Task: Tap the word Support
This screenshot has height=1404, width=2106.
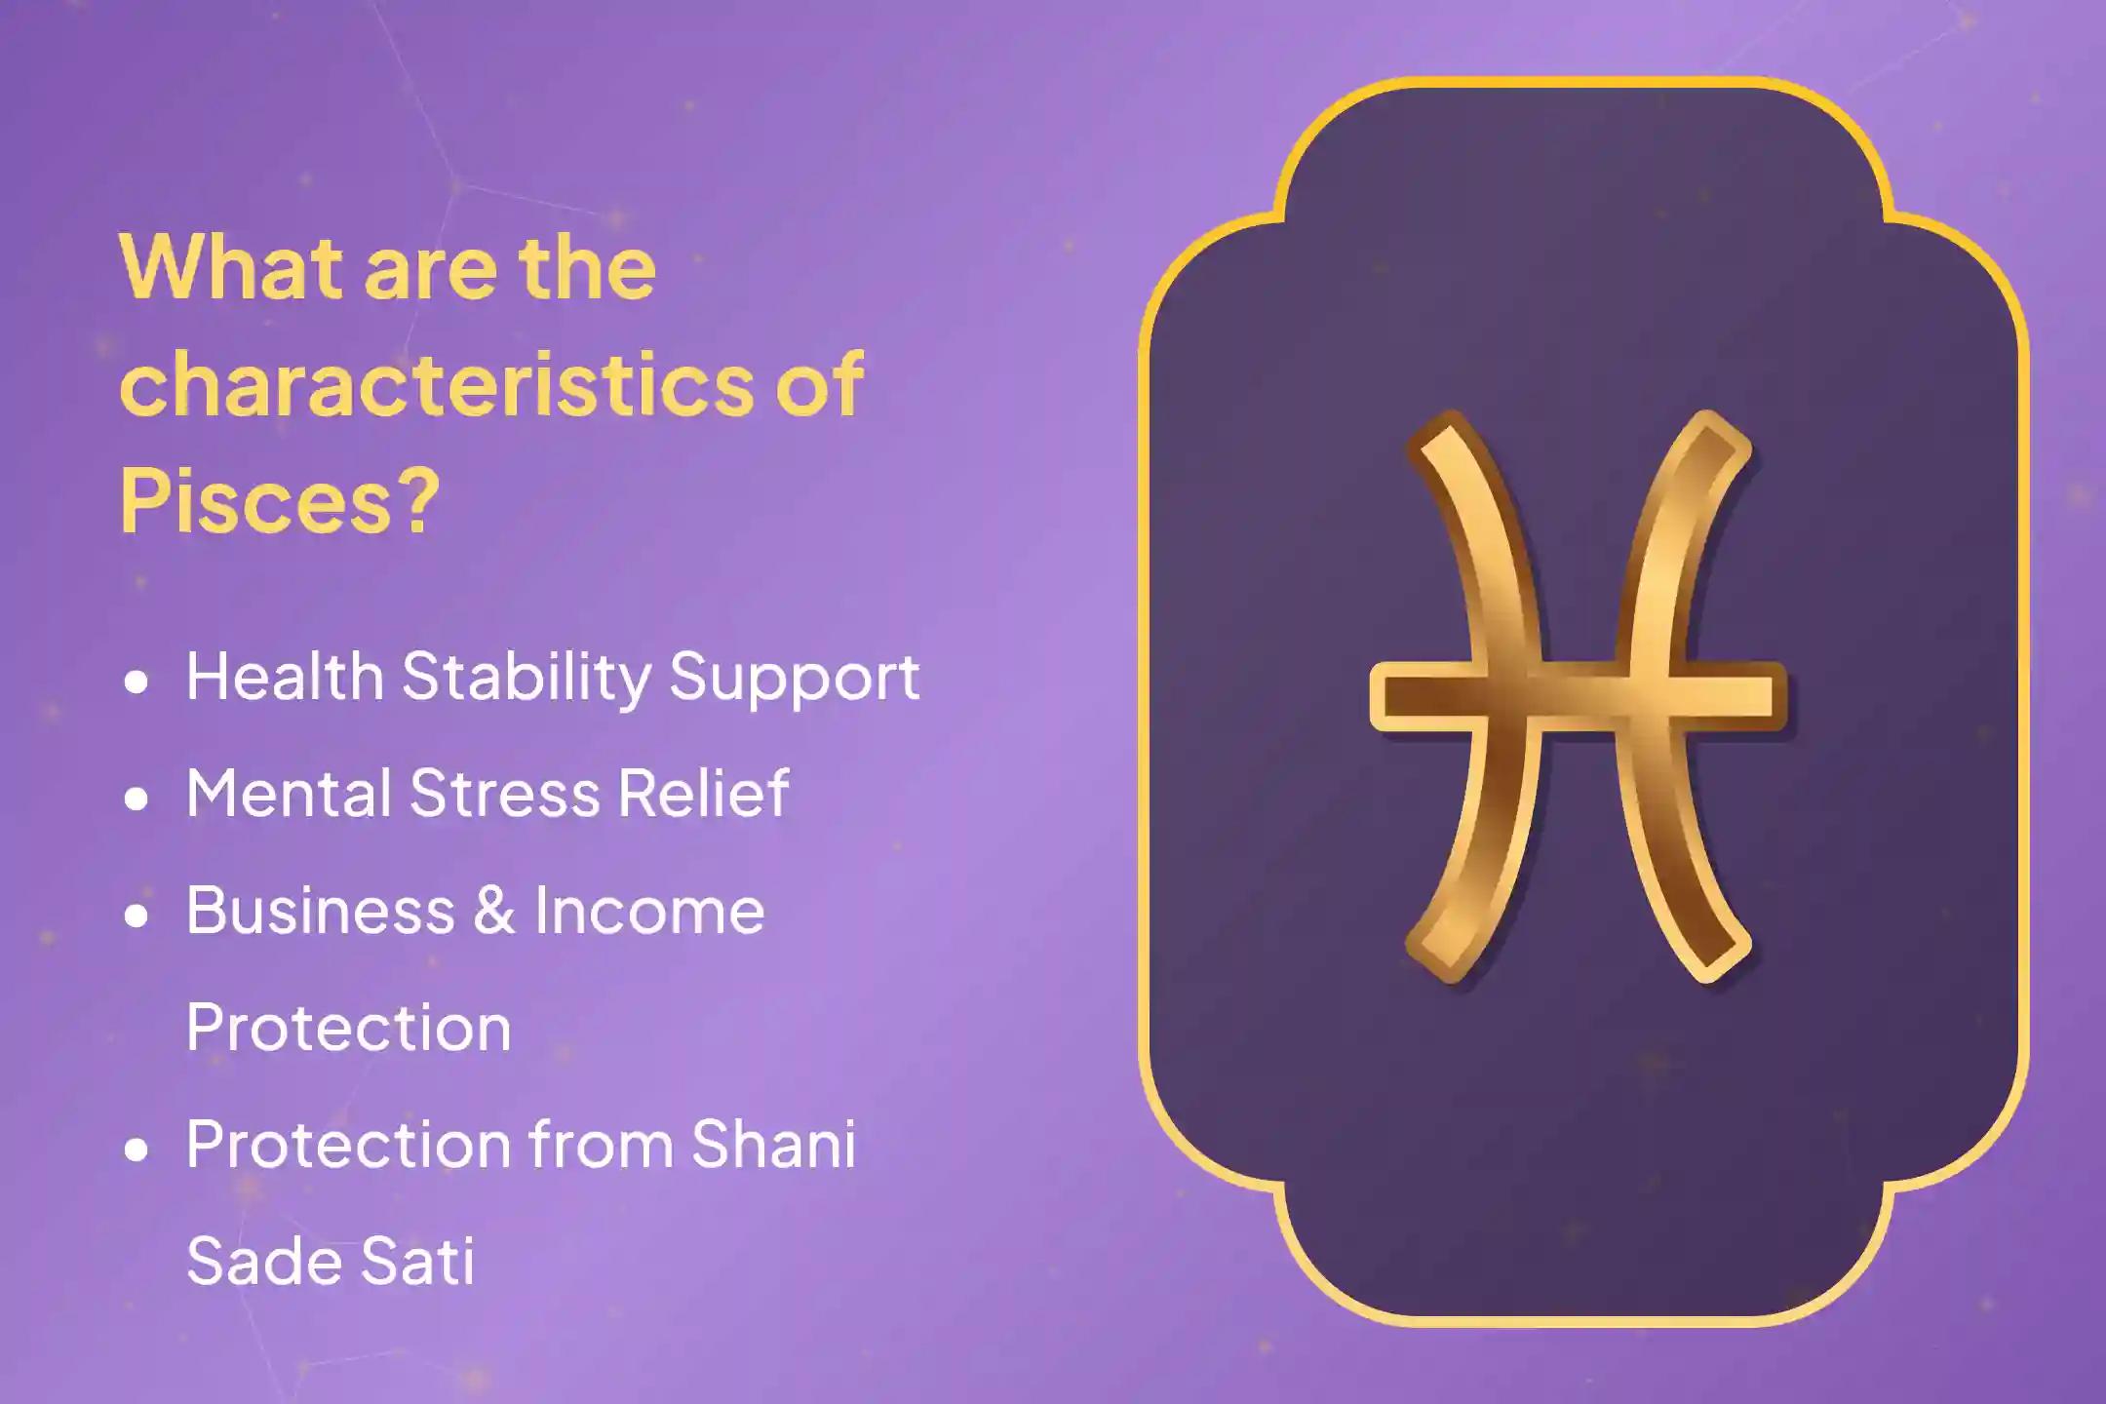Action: coord(794,676)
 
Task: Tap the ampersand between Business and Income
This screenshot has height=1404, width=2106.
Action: coord(494,910)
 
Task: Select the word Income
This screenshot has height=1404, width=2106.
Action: coord(648,910)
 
